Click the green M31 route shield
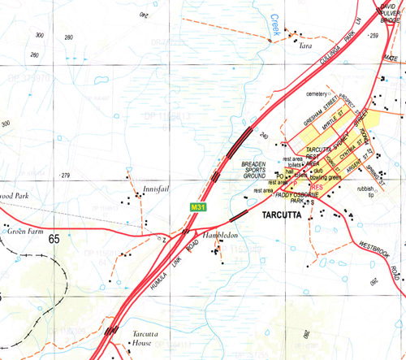pos(197,207)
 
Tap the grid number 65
pos(54,239)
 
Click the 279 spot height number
pos(67,175)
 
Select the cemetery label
pos(320,94)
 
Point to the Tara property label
pos(306,46)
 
